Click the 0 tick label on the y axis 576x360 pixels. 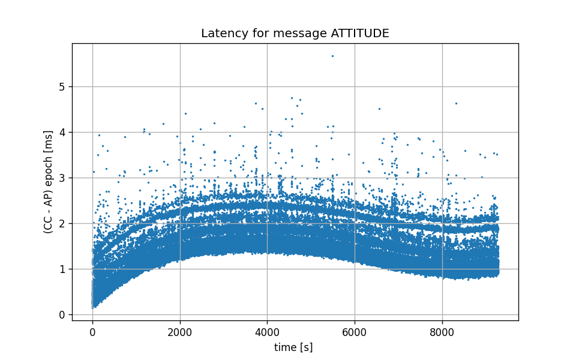tap(62, 315)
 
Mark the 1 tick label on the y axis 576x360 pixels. tap(62, 269)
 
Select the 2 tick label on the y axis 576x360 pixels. tap(62, 224)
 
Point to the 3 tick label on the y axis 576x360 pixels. tap(62, 178)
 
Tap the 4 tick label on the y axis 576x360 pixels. tap(62, 133)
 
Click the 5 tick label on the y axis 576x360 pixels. tap(62, 87)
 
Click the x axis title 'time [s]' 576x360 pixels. tap(293, 347)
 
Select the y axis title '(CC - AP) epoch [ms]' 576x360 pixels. tap(48, 182)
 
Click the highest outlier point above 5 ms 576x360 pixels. tap(332, 56)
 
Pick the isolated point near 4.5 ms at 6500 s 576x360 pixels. tap(379, 109)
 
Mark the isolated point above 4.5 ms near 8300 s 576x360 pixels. tap(456, 103)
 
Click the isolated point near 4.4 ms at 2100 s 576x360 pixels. tap(185, 113)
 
